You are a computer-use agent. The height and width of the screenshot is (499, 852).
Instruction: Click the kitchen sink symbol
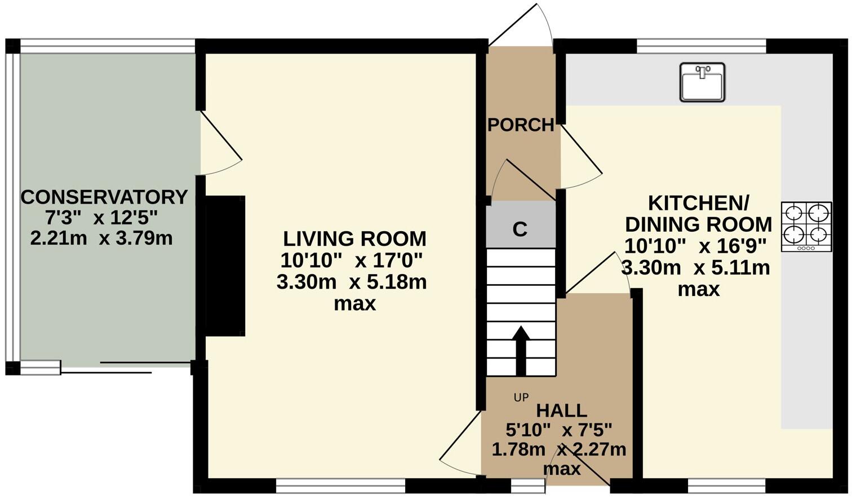[702, 82]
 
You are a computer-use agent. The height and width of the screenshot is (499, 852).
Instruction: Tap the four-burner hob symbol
[806, 227]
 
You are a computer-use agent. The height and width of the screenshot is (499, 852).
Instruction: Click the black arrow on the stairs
[521, 350]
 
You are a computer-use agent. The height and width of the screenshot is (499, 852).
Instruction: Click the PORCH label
[521, 125]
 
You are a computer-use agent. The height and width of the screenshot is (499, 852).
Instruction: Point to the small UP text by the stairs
[521, 398]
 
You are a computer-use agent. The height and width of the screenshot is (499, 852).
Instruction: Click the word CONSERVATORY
[104, 197]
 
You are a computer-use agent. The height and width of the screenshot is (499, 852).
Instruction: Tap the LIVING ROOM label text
[354, 239]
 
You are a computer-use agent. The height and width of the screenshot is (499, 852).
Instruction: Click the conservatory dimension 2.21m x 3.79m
[101, 239]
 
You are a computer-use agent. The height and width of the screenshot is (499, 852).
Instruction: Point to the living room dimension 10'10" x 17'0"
[352, 260]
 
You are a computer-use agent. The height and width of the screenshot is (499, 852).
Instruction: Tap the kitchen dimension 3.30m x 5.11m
[695, 267]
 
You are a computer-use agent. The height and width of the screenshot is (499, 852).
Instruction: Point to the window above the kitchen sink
[702, 46]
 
